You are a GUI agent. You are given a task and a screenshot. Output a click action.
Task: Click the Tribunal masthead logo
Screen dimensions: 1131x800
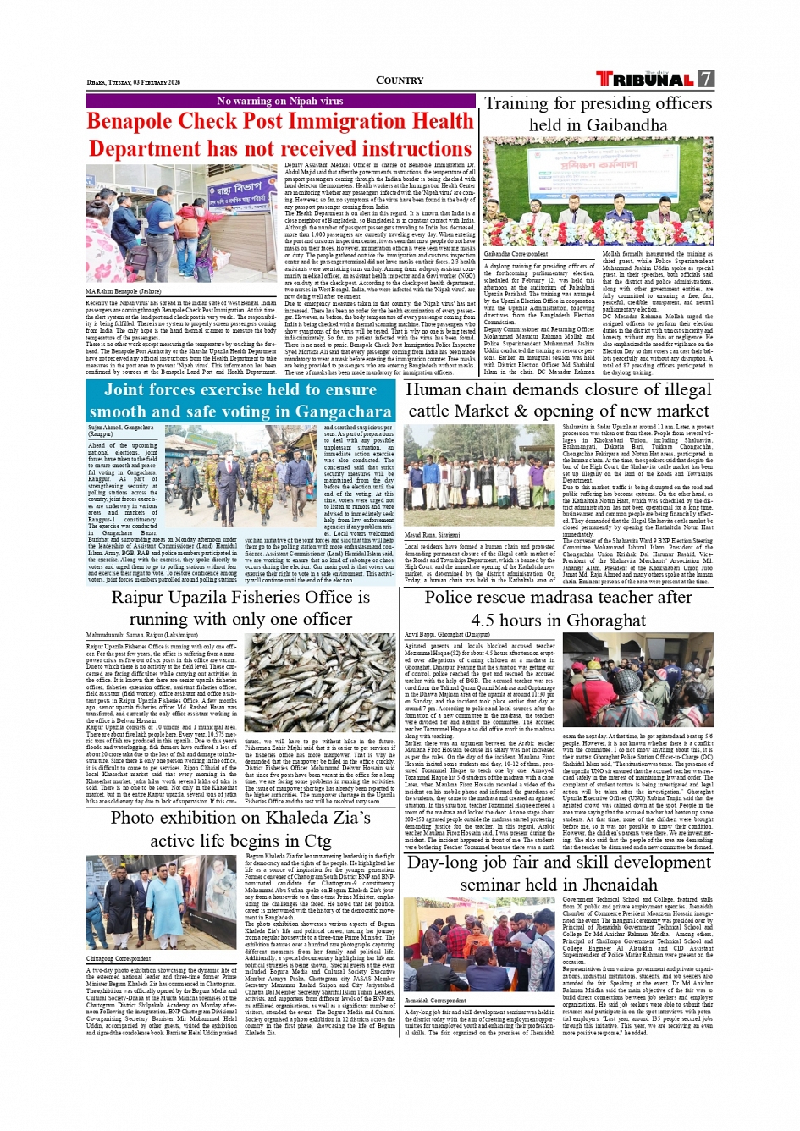[x=645, y=80]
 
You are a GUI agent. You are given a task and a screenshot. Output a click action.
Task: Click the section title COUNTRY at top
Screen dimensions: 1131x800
[x=400, y=80]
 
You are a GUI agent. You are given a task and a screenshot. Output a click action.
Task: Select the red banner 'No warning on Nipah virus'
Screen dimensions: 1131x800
[x=280, y=101]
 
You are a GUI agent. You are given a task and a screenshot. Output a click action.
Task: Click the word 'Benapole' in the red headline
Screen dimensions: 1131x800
[x=141, y=122]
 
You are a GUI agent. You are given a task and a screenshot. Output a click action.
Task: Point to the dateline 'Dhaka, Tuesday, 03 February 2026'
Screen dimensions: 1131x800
[x=134, y=83]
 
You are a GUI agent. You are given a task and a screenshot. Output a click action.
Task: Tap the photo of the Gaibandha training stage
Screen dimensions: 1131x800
[x=598, y=191]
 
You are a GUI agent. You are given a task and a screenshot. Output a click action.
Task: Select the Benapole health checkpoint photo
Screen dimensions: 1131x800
[x=181, y=223]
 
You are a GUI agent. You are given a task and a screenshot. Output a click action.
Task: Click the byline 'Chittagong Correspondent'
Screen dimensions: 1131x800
[x=119, y=959]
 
